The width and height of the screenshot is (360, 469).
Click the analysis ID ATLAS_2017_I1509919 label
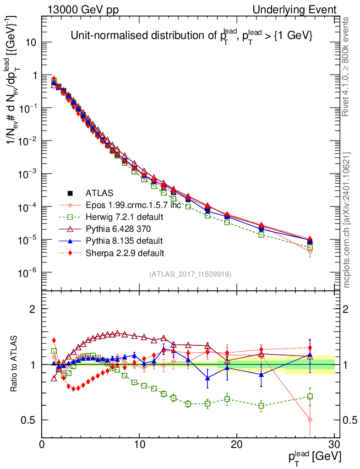point(190,274)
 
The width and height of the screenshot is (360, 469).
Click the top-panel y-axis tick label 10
point(31,43)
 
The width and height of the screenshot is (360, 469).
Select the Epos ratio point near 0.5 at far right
point(310,420)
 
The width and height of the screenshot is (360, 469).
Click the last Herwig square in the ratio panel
point(310,397)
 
